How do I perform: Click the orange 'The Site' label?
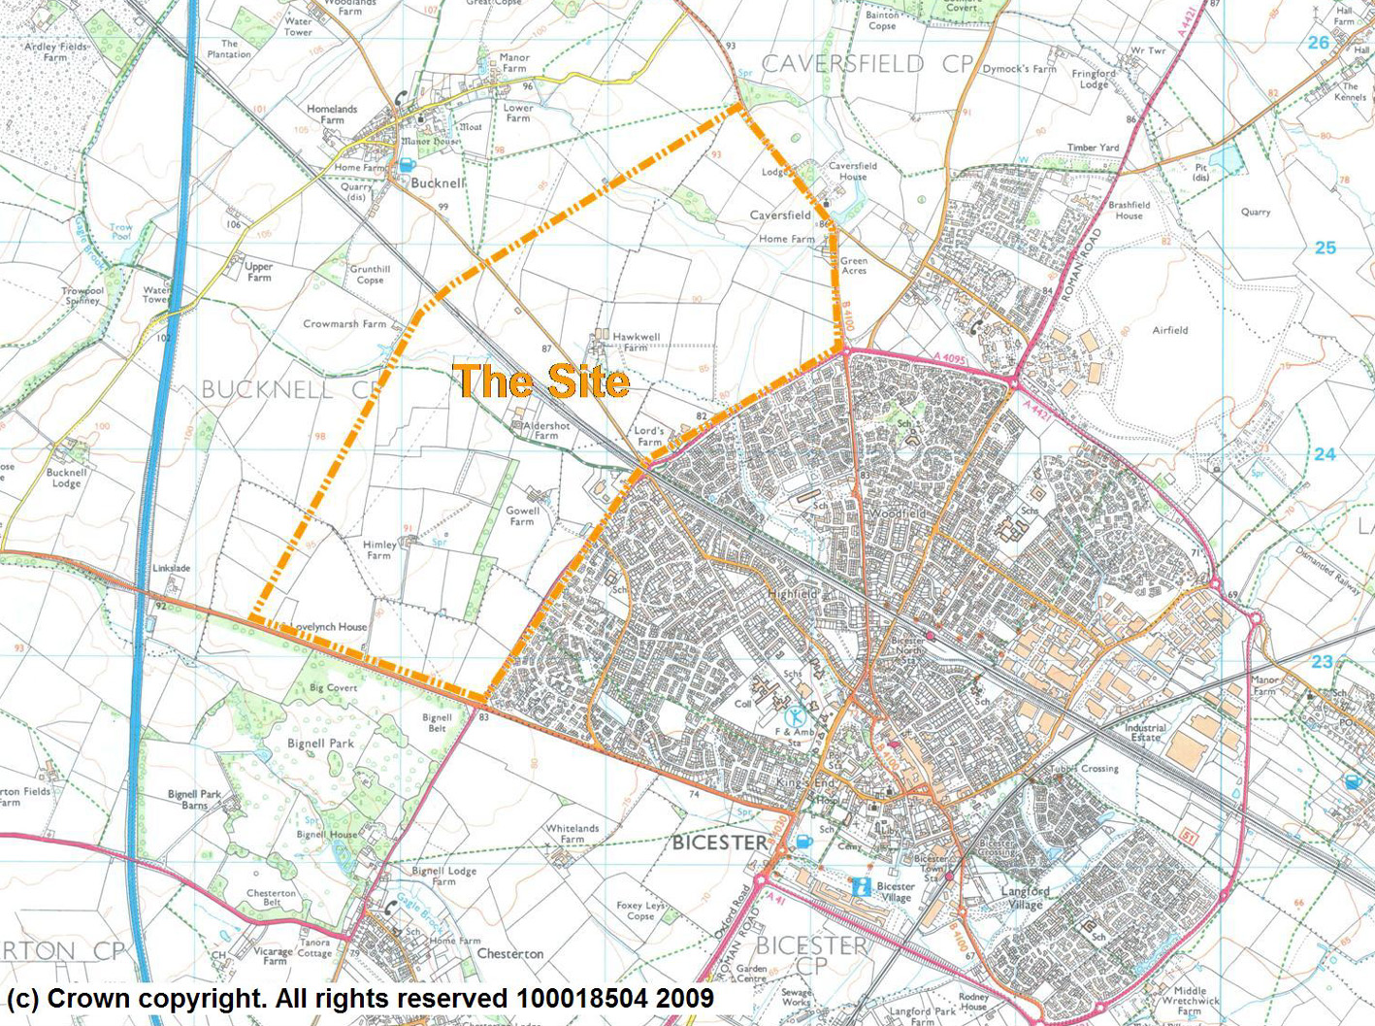pyautogui.click(x=541, y=381)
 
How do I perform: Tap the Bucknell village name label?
pyautogui.click(x=438, y=182)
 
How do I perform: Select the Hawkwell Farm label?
pyautogui.click(x=636, y=342)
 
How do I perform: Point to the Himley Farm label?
pyautogui.click(x=379, y=550)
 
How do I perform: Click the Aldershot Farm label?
pyautogui.click(x=546, y=431)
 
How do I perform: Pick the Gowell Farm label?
pyautogui.click(x=522, y=516)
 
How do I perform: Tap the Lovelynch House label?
pyautogui.click(x=329, y=627)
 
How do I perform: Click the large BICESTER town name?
pyautogui.click(x=720, y=843)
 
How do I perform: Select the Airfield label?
pyautogui.click(x=1170, y=330)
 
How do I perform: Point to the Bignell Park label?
pyautogui.click(x=320, y=744)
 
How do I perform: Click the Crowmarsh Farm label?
pyautogui.click(x=344, y=324)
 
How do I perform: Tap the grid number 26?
pyautogui.click(x=1318, y=43)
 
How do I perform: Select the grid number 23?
pyautogui.click(x=1323, y=662)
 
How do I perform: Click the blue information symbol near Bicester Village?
pyautogui.click(x=860, y=886)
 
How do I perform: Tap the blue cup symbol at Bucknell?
pyautogui.click(x=407, y=165)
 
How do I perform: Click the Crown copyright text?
pyautogui.click(x=360, y=999)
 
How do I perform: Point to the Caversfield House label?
pyautogui.click(x=853, y=171)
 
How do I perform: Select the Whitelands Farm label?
pyautogui.click(x=573, y=834)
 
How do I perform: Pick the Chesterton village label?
pyautogui.click(x=510, y=953)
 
